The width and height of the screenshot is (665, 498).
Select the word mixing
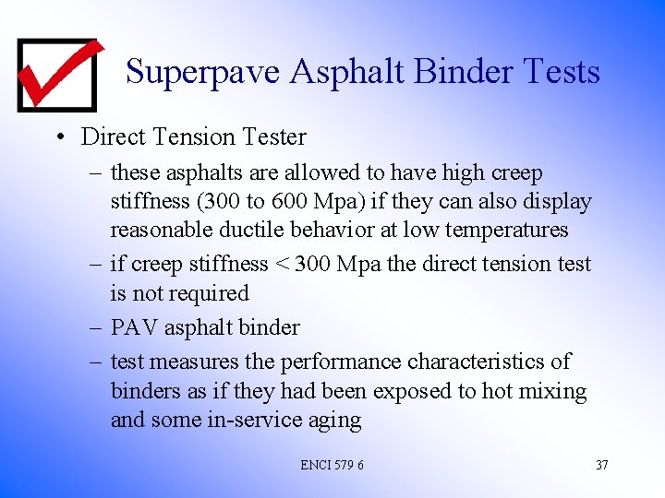tap(553, 391)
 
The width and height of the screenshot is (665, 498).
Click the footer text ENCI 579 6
tap(332, 465)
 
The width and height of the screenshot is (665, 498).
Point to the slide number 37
tap(601, 465)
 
